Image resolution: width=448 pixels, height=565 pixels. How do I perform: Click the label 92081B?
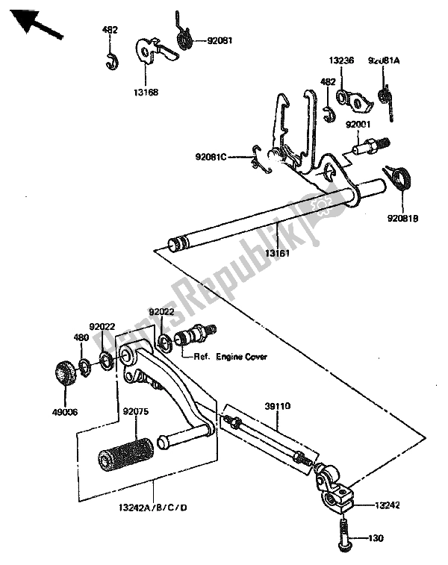(404, 219)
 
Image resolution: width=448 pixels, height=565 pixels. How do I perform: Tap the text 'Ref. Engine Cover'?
(232, 357)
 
